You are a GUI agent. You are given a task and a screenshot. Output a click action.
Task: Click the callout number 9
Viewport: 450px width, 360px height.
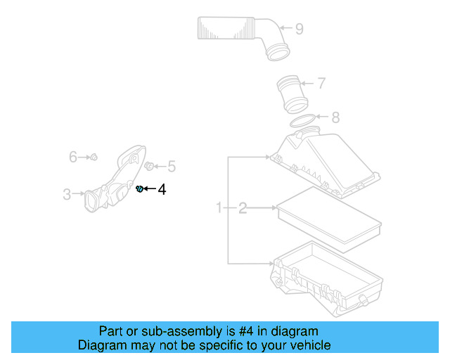tap(299, 29)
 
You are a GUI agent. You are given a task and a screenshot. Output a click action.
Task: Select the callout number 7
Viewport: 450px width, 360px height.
tap(321, 84)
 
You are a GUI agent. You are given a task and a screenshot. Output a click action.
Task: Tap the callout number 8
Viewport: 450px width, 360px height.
tap(335, 117)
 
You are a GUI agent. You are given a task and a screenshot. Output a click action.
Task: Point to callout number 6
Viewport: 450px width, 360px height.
tap(72, 157)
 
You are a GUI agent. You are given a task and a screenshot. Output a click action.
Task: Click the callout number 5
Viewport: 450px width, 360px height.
tap(171, 167)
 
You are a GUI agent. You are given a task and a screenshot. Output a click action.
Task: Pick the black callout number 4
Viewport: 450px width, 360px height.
tap(162, 189)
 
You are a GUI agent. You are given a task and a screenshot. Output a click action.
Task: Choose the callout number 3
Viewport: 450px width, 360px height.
tap(67, 194)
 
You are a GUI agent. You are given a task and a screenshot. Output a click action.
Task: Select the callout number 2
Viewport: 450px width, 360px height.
tap(243, 207)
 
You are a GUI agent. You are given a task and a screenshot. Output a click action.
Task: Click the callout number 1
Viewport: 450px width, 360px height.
tap(219, 207)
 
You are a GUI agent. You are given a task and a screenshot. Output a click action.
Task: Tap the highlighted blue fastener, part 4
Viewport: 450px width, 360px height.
tap(139, 188)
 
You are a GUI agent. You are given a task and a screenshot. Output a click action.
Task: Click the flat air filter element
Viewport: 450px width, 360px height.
tap(329, 218)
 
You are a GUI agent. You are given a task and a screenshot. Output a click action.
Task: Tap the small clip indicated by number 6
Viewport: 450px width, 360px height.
tap(94, 157)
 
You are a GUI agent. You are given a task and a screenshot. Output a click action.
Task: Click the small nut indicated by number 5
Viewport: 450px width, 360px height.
tap(149, 166)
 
